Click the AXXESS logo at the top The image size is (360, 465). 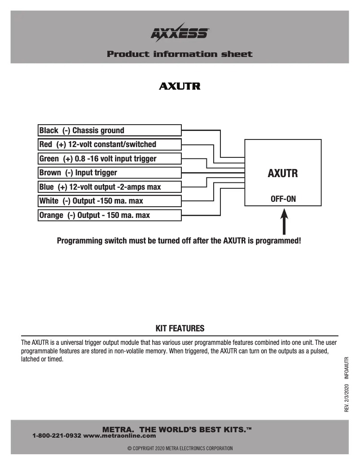(x=180, y=33)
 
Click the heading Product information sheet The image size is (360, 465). (x=180, y=54)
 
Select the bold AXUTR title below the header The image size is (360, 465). (x=180, y=86)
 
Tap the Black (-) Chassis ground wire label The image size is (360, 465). (x=82, y=130)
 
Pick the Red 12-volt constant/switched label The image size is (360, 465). (x=97, y=144)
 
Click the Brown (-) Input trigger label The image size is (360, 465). (x=78, y=173)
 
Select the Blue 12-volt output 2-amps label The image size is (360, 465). (x=100, y=187)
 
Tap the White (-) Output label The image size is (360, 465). (x=91, y=201)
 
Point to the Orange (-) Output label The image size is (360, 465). (x=94, y=215)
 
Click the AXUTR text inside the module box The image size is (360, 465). (x=282, y=174)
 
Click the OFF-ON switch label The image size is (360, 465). (x=283, y=199)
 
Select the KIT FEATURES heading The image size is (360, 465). (x=180, y=329)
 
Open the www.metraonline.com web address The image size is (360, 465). (x=120, y=435)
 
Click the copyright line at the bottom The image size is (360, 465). (x=180, y=448)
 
